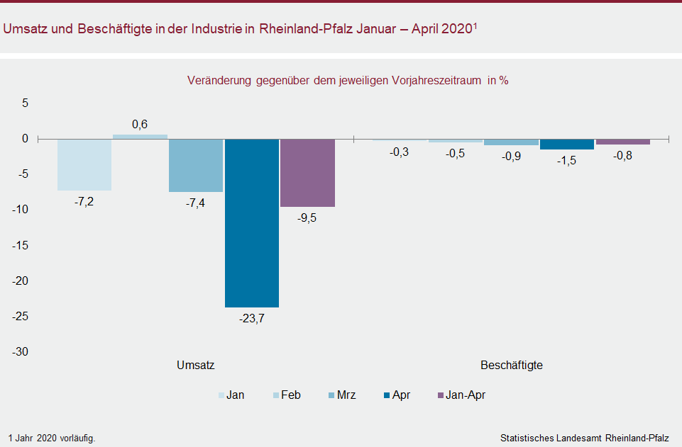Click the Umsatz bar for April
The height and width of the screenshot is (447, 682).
point(252,222)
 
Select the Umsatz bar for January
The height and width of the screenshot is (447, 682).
point(84,164)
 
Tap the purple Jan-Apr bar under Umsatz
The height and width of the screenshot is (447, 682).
point(307,172)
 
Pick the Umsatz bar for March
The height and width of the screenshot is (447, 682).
point(196,165)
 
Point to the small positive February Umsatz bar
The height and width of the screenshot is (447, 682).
point(140,137)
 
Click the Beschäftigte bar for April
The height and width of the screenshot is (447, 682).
point(567,144)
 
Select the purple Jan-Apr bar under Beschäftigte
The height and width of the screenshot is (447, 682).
point(623,142)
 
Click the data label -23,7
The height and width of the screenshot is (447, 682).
point(252,319)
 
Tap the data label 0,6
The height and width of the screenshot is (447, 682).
point(140,125)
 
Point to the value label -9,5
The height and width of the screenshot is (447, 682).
point(307,218)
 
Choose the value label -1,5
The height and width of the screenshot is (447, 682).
point(567,161)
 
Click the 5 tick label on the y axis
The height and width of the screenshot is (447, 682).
point(24,103)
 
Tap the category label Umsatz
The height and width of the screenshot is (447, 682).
point(196,366)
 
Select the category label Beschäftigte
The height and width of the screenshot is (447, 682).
point(512,366)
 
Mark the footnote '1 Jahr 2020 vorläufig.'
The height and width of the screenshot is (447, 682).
point(52,438)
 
